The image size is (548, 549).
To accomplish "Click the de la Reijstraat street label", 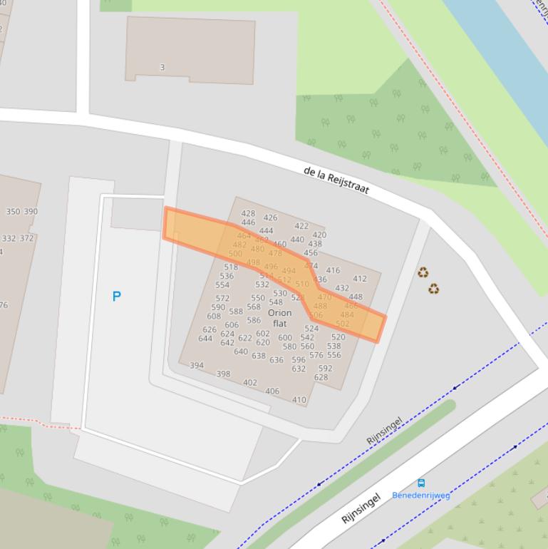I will click(336, 181).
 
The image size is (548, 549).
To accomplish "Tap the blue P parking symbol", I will click(117, 296).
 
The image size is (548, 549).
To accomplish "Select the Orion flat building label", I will click(279, 318).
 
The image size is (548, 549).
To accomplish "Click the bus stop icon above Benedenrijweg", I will click(421, 483).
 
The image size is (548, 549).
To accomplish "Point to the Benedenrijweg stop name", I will click(421, 495).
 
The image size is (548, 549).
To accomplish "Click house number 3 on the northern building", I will click(162, 68).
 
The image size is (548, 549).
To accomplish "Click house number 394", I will click(197, 366).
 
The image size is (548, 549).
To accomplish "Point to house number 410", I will click(299, 400).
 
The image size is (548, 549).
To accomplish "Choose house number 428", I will click(248, 213).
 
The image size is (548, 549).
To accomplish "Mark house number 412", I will click(360, 279).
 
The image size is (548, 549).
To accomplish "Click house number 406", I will click(272, 391).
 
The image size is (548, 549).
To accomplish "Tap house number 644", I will click(205, 339).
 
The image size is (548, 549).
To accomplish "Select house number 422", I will click(301, 226).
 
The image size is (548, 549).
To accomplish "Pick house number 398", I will click(223, 374).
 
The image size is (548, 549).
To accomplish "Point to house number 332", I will click(9, 239).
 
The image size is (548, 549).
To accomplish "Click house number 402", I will click(250, 383).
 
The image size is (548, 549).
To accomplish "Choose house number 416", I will click(333, 271).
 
